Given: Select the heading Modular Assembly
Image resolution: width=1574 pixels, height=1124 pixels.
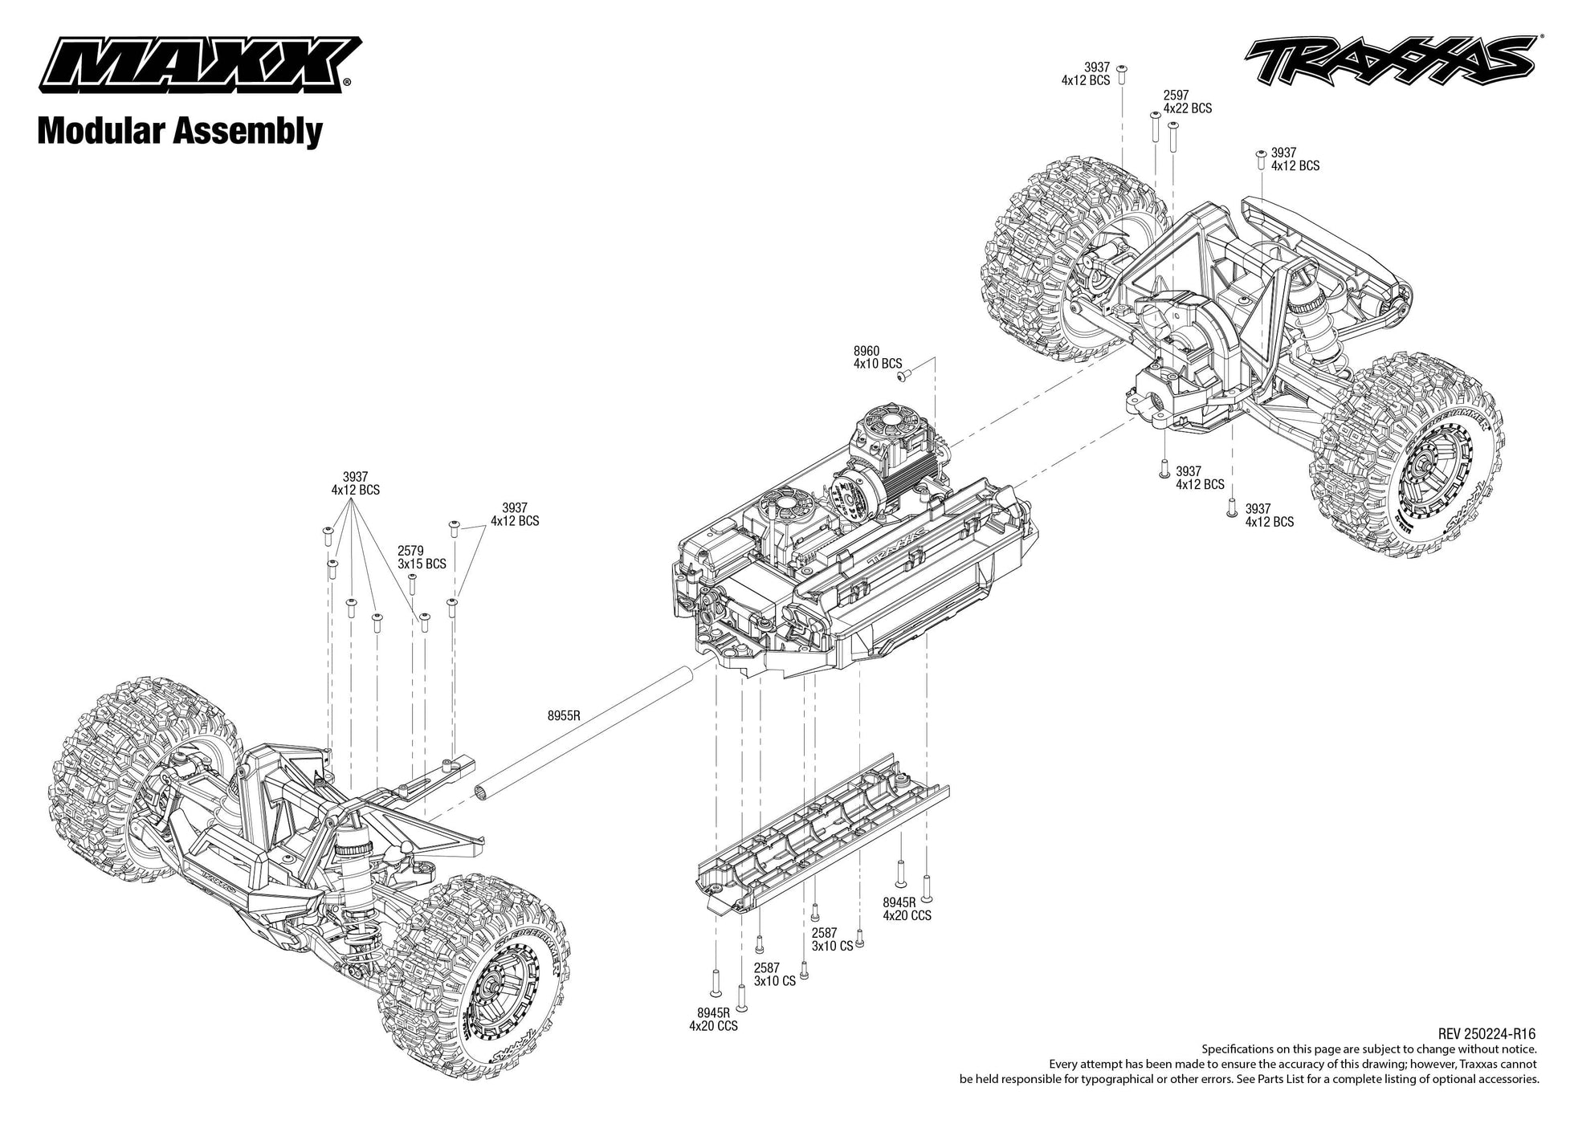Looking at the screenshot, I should click(x=180, y=131).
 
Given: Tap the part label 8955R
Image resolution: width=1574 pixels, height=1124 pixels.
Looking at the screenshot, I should click(x=564, y=715).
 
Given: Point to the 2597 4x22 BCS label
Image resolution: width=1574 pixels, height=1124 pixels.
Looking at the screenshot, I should click(x=1187, y=101).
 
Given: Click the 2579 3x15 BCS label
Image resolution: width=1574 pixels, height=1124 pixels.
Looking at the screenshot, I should click(x=422, y=558).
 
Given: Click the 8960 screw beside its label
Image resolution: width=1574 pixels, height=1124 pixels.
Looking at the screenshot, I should click(x=902, y=375).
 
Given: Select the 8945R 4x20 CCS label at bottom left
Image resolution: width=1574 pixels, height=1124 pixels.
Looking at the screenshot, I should click(x=712, y=1020).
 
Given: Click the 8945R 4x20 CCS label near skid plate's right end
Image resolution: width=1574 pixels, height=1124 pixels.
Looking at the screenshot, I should click(x=907, y=909).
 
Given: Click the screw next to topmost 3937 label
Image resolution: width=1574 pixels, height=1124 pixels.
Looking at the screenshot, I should click(x=1123, y=72).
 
